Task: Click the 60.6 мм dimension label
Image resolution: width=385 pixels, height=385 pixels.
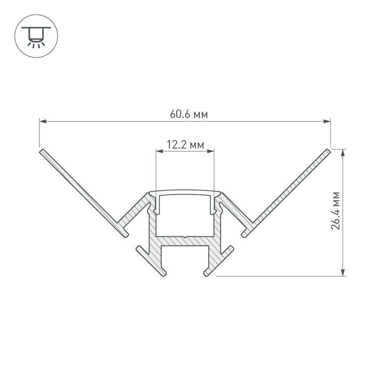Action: tap(188, 115)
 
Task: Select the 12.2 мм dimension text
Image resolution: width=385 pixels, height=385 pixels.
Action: tap(185, 144)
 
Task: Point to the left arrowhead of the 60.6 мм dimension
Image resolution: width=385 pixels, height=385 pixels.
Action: tap(42, 121)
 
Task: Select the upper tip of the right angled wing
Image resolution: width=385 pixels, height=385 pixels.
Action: tap(328, 151)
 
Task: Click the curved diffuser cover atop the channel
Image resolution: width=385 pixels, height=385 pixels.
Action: tap(185, 191)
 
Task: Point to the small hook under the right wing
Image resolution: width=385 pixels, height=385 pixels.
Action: tap(245, 233)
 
